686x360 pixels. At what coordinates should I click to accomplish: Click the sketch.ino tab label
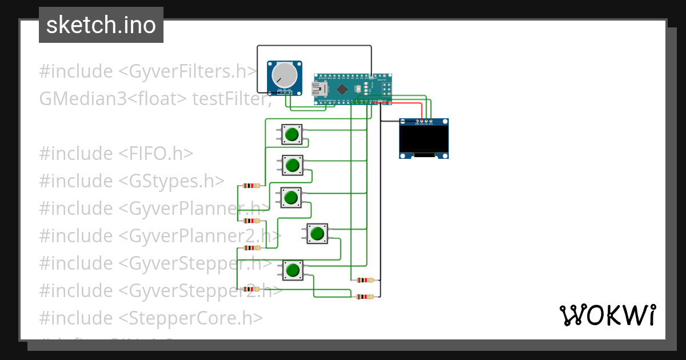point(101,25)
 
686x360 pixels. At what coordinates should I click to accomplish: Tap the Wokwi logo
point(607,315)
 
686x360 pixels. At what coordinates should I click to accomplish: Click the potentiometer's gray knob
point(284,75)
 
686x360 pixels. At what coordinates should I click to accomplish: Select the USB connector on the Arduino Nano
point(318,89)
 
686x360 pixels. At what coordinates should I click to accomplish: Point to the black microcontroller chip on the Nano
point(342,89)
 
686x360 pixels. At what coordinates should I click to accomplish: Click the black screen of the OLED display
point(423,139)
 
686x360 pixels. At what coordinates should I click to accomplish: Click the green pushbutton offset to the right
point(317,233)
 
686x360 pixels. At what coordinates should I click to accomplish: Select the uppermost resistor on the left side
point(251,186)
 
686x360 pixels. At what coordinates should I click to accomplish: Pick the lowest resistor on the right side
point(364,297)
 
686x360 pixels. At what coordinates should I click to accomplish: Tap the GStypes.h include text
point(171,181)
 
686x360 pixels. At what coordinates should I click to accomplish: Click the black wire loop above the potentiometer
point(314,46)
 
